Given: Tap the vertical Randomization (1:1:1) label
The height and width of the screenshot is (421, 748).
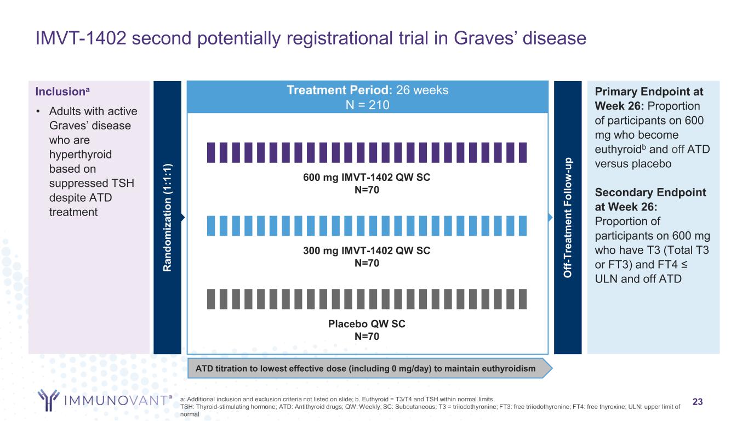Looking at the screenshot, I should [x=168, y=217].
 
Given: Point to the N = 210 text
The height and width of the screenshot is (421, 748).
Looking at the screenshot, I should [x=368, y=105].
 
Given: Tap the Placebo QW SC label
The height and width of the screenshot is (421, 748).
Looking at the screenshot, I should [x=367, y=324].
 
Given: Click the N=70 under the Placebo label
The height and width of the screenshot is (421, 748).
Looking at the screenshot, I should [x=367, y=336].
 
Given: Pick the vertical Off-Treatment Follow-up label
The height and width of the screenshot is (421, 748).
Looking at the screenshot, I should [x=568, y=217].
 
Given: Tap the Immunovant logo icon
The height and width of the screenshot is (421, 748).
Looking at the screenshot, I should [x=48, y=400].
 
